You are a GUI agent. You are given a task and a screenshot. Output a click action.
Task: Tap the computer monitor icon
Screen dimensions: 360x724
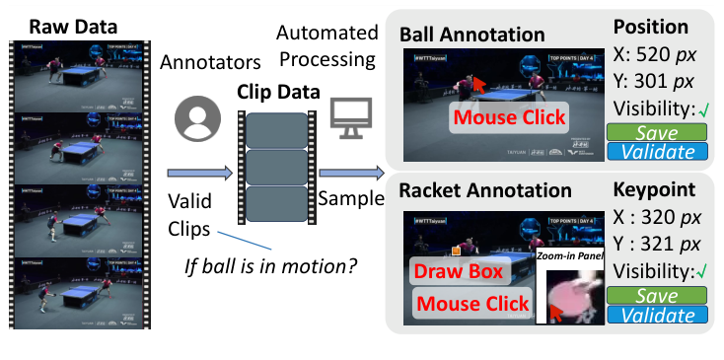coord(348,115)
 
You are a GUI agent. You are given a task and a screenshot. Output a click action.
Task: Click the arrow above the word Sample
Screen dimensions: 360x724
coord(350,175)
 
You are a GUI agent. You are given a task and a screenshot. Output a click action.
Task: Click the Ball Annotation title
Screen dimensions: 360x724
coord(471,34)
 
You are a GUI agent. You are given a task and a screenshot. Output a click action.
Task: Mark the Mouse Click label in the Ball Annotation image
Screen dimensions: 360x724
coord(509,117)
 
